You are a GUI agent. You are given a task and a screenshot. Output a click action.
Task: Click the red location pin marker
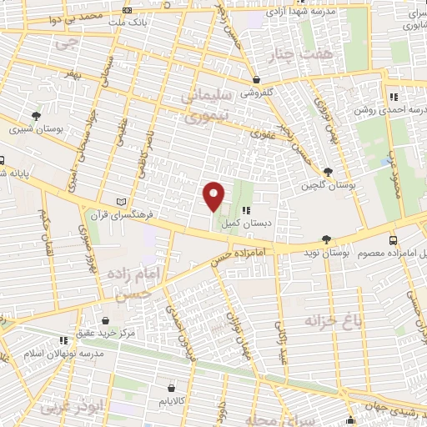point(214,196)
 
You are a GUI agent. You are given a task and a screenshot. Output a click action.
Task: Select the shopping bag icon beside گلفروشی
point(257,82)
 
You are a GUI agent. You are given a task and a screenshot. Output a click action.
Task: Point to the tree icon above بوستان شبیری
point(35,116)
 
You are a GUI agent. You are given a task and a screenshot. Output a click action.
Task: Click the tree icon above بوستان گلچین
point(328,172)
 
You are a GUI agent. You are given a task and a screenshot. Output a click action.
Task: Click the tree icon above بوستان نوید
point(326,239)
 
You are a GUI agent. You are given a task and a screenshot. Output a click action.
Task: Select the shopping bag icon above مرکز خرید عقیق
point(105,319)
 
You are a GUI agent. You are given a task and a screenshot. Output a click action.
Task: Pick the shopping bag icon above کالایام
point(172,388)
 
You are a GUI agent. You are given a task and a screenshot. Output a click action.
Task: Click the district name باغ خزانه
point(321,322)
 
